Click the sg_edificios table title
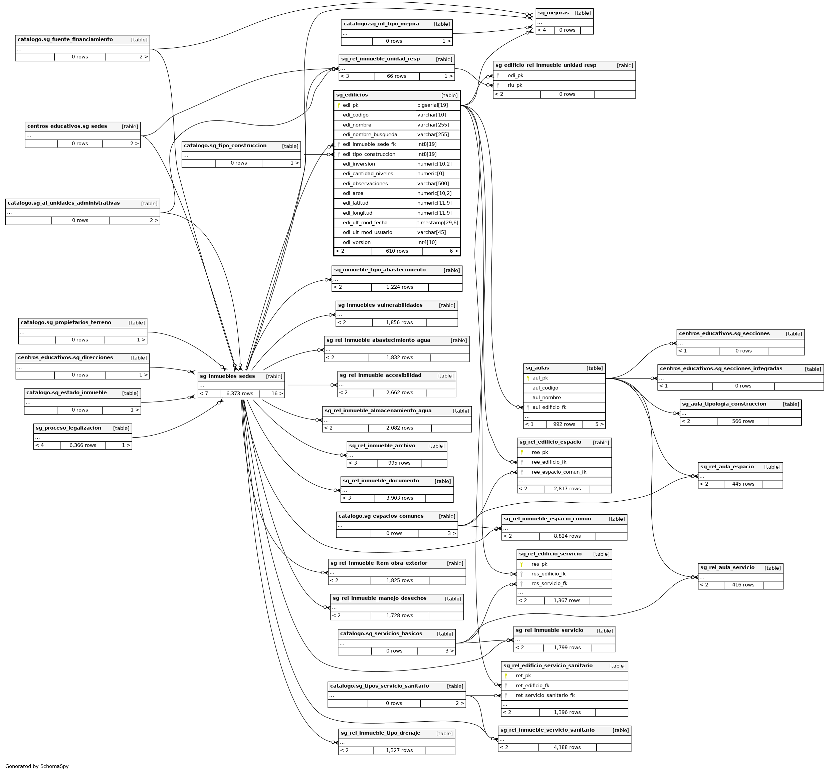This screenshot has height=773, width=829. tap(352, 95)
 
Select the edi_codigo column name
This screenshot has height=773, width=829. tap(355, 115)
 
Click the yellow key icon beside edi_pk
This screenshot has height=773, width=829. tap(339, 105)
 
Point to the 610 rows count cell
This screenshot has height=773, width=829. tap(397, 251)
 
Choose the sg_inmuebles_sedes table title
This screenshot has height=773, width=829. tap(227, 376)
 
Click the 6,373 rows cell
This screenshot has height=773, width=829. tap(239, 394)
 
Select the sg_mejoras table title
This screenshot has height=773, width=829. tap(553, 13)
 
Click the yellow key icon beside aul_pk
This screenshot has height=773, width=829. tap(528, 378)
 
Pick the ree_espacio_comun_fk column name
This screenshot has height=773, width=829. tap(559, 472)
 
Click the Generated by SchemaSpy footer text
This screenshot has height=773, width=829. tap(37, 766)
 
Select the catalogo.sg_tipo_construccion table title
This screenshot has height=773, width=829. tap(225, 146)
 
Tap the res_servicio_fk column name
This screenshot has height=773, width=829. tap(549, 584)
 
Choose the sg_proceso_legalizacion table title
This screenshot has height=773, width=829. tap(68, 428)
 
